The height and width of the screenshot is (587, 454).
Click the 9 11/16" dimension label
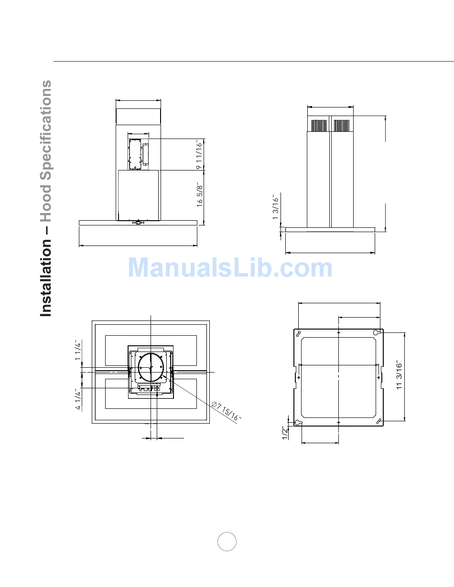coord(199,155)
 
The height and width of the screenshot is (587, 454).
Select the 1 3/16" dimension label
coord(275,207)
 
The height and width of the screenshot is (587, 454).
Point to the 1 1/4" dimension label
coord(78,350)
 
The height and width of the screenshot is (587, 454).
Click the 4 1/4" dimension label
coord(78,399)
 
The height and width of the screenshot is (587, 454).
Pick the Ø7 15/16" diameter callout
coord(226,411)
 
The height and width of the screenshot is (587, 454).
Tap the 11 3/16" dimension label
coord(399,375)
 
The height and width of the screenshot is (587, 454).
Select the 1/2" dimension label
coord(285,434)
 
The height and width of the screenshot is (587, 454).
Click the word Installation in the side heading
coord(46,278)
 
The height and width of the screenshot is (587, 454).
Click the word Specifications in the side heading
coord(46,130)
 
